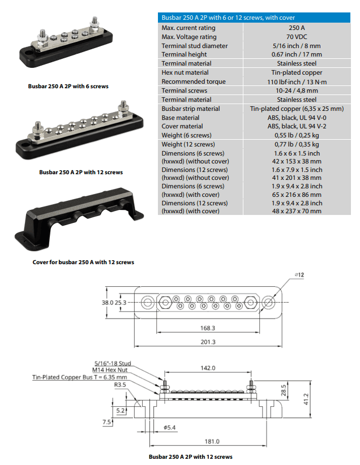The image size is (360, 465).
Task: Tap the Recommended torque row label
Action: (193, 81)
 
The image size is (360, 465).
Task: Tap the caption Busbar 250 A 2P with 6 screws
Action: (68, 87)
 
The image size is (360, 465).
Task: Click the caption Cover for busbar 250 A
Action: (83, 262)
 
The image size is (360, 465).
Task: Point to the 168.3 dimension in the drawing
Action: (208, 328)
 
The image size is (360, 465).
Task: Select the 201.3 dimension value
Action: (208, 342)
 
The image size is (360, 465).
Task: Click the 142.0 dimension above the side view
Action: (208, 368)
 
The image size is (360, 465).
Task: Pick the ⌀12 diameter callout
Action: (299, 275)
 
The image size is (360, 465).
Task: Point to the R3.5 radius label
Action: (120, 384)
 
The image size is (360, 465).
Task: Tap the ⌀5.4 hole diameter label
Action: (170, 427)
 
